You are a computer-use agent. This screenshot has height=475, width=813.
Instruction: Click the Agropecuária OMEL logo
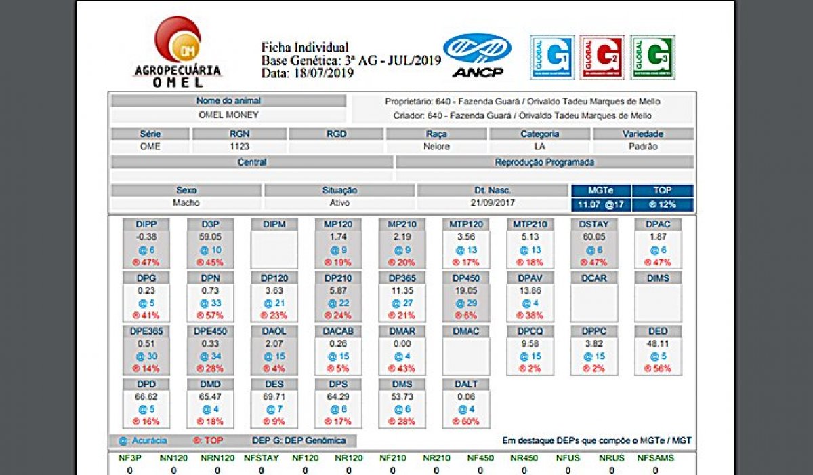coord(178,53)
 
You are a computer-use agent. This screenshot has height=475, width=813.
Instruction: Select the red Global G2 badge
coord(602,57)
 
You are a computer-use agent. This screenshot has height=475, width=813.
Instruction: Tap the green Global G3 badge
coord(652,57)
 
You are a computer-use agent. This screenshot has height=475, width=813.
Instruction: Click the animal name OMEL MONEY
coord(228,115)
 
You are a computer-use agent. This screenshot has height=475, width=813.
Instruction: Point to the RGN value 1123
coord(239,147)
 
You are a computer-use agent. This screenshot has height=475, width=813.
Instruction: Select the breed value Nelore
coord(436,147)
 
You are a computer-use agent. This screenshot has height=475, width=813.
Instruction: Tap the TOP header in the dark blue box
coord(662,191)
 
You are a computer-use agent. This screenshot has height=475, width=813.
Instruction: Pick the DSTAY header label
coord(593,224)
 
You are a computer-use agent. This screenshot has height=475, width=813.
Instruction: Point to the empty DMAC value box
coord(466,356)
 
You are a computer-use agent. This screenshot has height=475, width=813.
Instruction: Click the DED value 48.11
coord(658,344)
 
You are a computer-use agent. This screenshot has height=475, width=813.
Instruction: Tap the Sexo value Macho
coord(186,203)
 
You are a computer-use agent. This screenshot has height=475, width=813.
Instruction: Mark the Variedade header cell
coord(643,134)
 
